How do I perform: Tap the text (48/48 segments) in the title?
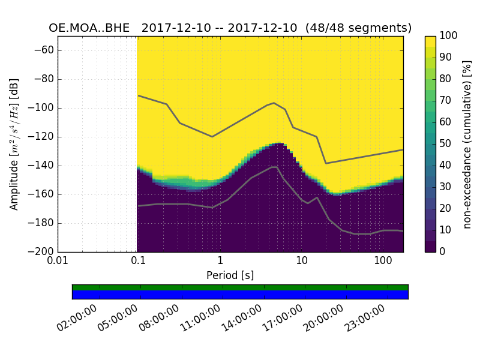pos(358,28)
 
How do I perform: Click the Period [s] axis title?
pos(230,275)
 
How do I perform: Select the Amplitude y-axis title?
pos(14,144)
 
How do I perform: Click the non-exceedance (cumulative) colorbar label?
pos(467,144)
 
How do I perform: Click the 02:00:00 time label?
pos(77,318)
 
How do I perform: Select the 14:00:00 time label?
pos(242,318)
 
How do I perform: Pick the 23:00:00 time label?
pos(365,318)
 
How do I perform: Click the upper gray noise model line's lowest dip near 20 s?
pos(326,163)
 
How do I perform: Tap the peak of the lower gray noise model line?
pos(274,167)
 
